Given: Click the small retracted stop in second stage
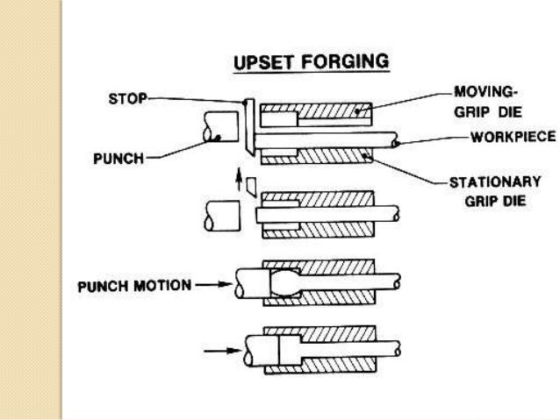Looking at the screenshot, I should pos(250,186).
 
